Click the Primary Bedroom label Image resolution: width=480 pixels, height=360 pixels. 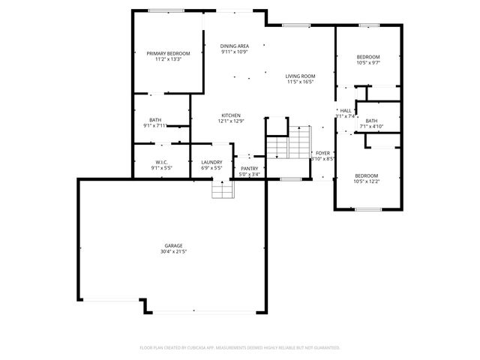pyautogui.click(x=168, y=53)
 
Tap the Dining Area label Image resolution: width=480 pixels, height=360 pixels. pyautogui.click(x=235, y=46)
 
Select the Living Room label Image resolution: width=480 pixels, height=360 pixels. pyautogui.click(x=300, y=76)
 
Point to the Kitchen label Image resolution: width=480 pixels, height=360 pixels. pyautogui.click(x=230, y=115)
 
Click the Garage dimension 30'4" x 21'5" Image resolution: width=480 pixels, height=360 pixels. pyautogui.click(x=173, y=252)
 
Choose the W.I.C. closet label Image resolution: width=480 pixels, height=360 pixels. pyautogui.click(x=161, y=162)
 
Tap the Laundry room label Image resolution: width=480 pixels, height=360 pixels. pyautogui.click(x=211, y=162)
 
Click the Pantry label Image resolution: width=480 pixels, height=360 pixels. pyautogui.click(x=249, y=169)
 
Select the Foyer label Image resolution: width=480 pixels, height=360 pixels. pyautogui.click(x=322, y=153)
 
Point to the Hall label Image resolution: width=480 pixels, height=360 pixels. pyautogui.click(x=346, y=110)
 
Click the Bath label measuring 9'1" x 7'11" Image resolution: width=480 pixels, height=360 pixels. pyautogui.click(x=155, y=120)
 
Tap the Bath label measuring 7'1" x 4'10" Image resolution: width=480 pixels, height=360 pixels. pyautogui.click(x=371, y=121)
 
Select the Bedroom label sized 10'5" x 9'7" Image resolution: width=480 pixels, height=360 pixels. pyautogui.click(x=367, y=57)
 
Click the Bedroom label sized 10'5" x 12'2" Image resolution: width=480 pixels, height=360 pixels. pyautogui.click(x=367, y=175)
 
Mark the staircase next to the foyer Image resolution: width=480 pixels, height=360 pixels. pyautogui.click(x=289, y=142)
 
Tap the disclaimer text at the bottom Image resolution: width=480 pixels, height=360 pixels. pyautogui.click(x=240, y=347)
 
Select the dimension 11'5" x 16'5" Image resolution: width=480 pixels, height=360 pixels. pyautogui.click(x=300, y=81)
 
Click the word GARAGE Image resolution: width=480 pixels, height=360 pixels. pyautogui.click(x=173, y=246)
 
